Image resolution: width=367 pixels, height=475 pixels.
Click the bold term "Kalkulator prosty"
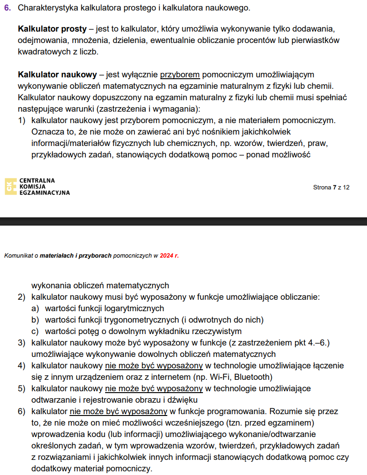(x=52, y=29)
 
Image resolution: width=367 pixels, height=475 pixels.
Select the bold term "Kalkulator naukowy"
(x=57, y=74)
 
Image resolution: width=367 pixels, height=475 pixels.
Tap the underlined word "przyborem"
(x=180, y=74)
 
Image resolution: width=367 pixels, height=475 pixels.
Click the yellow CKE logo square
(x=10, y=186)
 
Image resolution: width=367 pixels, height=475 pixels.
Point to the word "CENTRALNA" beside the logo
(x=37, y=180)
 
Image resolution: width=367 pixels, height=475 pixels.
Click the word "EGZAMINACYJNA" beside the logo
(x=45, y=193)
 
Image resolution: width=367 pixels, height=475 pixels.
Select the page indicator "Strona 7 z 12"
(x=331, y=187)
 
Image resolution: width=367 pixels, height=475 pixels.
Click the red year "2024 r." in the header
(x=169, y=256)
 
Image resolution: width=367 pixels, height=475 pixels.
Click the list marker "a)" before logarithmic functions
(x=35, y=308)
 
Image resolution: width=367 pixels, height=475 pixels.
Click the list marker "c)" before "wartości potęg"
(x=35, y=331)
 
